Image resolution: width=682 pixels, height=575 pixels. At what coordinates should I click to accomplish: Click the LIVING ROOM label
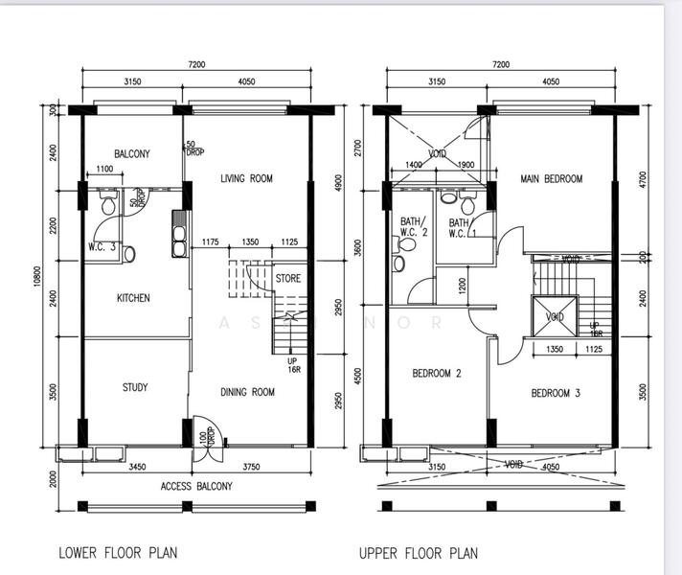click(246, 178)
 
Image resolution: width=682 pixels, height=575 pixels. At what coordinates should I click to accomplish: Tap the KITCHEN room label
click(133, 298)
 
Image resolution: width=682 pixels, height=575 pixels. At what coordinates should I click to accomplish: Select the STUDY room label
click(134, 387)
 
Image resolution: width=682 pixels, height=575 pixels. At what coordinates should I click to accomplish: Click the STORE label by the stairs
click(287, 279)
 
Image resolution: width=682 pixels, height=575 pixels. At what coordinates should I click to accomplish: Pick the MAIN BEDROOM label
click(551, 179)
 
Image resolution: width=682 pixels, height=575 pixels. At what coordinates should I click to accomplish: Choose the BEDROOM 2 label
click(438, 373)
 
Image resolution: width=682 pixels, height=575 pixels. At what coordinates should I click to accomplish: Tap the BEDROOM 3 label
click(556, 393)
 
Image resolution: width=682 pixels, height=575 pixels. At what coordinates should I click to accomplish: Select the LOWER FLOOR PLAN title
click(118, 553)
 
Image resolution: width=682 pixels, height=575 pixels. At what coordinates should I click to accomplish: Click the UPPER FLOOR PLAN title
click(418, 553)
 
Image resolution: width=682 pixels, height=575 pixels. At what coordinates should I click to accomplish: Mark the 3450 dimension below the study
click(137, 467)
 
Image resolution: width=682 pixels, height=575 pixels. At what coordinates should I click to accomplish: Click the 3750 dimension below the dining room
click(251, 467)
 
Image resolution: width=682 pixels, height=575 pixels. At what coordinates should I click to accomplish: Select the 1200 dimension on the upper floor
click(462, 285)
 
